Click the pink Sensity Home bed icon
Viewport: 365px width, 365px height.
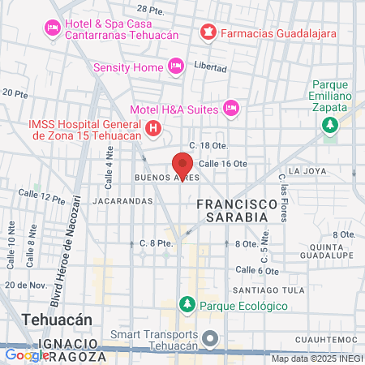[175, 66]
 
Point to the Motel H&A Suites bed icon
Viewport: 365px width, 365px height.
[231, 107]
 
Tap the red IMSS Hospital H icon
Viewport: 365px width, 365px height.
[153, 127]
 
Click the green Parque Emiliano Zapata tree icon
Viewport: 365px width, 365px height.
[330, 124]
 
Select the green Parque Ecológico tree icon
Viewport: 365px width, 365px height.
[187, 305]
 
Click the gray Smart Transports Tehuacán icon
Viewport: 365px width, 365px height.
[211, 338]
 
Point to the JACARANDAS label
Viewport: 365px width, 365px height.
[122, 200]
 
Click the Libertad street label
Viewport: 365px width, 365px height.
[210, 67]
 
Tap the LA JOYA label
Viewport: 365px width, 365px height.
[307, 171]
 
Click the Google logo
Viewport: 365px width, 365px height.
[27, 354]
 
